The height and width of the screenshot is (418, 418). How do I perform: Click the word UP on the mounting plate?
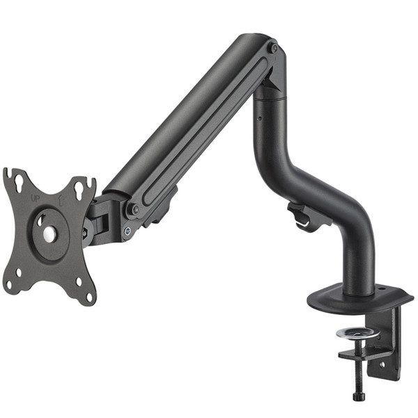click(x=34, y=199)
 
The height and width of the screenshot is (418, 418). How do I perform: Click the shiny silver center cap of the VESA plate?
click(x=50, y=234)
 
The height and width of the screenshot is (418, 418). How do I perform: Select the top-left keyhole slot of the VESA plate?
click(x=19, y=183)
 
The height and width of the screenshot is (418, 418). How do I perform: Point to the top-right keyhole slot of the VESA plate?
click(x=79, y=190)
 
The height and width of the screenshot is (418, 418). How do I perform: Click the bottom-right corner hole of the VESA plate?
click(x=88, y=297)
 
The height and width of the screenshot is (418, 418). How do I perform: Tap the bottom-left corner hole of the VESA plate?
click(x=10, y=285)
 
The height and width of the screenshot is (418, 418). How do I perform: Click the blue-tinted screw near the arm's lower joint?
click(x=127, y=231)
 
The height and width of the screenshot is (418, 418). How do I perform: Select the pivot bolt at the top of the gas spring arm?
click(x=274, y=48)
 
